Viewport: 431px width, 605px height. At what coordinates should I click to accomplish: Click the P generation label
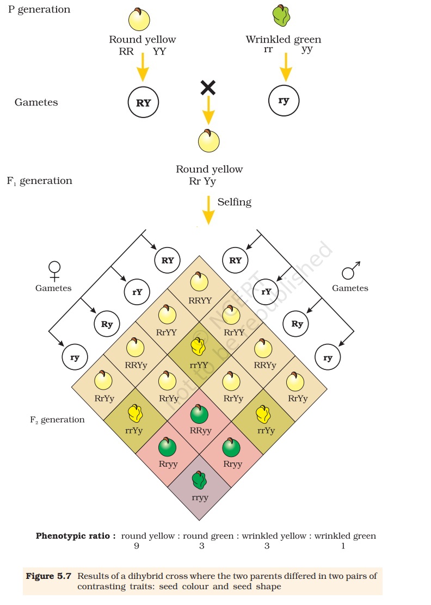coord(39,10)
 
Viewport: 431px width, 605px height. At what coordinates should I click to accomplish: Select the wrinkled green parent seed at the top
coord(281,16)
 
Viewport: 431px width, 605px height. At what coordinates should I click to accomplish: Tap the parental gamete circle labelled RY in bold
coord(143,102)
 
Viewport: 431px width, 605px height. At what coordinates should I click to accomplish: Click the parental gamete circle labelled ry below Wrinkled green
coord(284,101)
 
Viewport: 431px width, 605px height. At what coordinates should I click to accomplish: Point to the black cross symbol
coord(208,87)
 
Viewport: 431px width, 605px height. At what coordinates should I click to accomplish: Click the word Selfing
coord(235,202)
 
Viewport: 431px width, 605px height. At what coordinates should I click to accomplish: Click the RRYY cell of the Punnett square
coord(200,288)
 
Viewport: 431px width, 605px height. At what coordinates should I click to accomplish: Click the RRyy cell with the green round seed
coord(200,419)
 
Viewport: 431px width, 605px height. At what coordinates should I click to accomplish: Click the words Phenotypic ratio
coord(76,536)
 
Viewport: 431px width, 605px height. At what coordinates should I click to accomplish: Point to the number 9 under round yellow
coord(136,546)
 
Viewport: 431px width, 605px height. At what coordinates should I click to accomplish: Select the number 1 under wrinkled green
coord(343,546)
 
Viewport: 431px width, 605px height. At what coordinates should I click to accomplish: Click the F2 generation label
coord(57,420)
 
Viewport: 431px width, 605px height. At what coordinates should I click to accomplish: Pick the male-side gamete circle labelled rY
coord(266,292)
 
